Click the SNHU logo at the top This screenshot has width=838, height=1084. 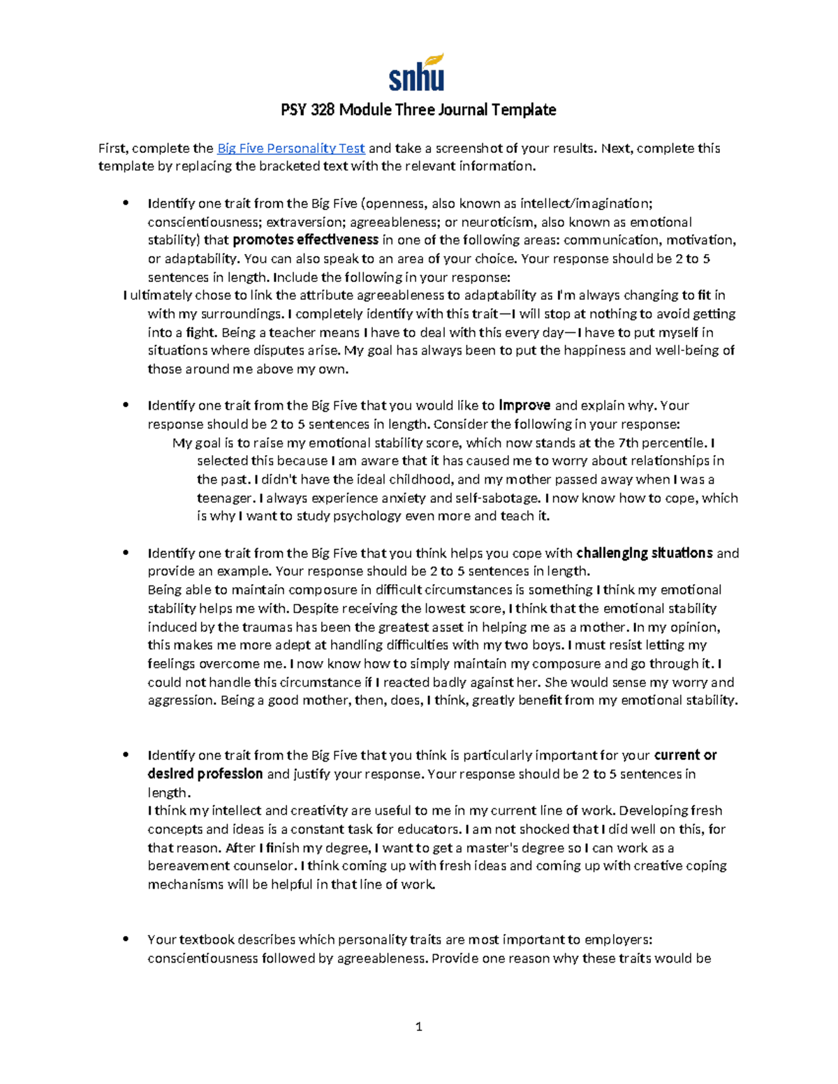pos(417,73)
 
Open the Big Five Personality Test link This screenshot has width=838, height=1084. pos(291,148)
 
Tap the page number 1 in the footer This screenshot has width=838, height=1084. pos(418,1026)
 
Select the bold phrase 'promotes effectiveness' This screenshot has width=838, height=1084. pos(305,240)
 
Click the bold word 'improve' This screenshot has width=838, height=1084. pos(524,406)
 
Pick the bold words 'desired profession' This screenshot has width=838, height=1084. pos(205,774)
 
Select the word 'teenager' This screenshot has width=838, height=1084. pos(224,498)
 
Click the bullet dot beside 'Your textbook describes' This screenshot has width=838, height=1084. pos(126,940)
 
